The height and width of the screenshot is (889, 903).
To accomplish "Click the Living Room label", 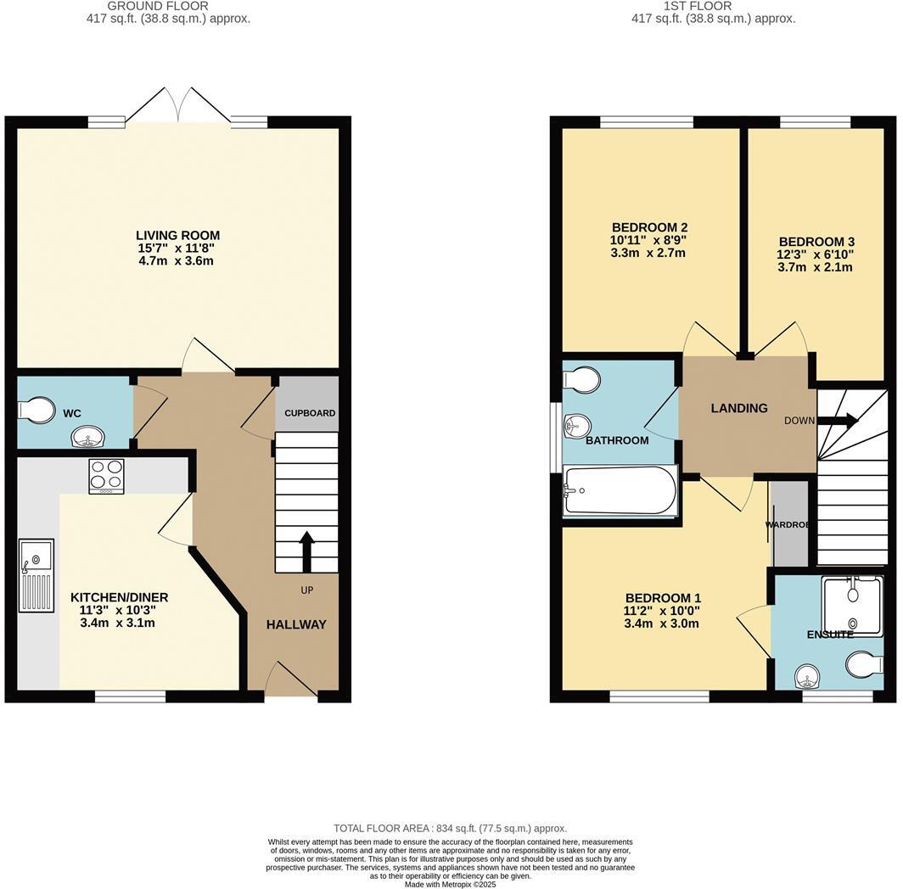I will [x=178, y=235].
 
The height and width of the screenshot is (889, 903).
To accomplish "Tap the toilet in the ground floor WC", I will [x=36, y=411].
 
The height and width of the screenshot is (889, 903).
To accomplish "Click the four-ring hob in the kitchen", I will [x=106, y=476].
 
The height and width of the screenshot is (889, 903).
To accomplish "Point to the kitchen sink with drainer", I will [x=36, y=575].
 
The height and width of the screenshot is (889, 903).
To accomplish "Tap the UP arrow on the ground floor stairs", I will [x=306, y=551].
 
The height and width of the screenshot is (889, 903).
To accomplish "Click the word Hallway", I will [x=296, y=624].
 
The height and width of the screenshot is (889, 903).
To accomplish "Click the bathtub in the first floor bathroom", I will [x=620, y=491].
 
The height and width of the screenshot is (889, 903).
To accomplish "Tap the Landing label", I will [x=738, y=408].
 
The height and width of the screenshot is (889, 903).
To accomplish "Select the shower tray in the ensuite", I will [x=852, y=604].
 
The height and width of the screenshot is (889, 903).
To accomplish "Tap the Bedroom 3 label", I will [x=816, y=242].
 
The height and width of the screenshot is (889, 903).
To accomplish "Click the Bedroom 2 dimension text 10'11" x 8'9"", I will [x=649, y=240].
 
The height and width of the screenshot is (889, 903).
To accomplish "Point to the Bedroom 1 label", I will [x=663, y=598].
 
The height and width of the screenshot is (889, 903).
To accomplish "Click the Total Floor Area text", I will [x=450, y=828].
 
